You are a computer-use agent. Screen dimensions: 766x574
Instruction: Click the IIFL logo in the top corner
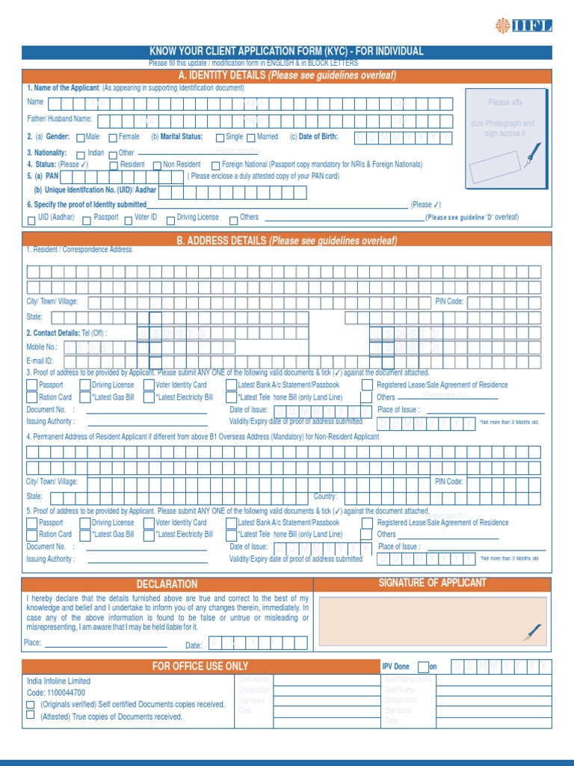pos(523,26)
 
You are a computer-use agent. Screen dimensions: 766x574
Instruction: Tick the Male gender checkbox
pos(81,138)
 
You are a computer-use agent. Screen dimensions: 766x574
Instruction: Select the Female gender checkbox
pos(113,138)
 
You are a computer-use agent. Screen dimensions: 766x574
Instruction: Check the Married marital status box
pos(251,138)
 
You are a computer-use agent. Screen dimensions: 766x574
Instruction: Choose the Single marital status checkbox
pos(220,138)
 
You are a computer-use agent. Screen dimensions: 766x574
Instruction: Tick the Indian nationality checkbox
pos(81,154)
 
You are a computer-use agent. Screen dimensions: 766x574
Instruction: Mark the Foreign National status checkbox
pos(215,165)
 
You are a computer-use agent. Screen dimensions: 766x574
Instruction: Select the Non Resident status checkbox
pos(157,165)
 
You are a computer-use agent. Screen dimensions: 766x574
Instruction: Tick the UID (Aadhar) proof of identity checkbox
pos(31,219)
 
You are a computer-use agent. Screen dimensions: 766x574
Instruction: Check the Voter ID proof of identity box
pos(128,219)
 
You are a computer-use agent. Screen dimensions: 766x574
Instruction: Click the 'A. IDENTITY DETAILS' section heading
pos(287,76)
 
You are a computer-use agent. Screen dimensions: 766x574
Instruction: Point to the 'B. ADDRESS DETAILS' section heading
pos(287,241)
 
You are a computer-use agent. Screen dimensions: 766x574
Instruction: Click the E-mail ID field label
pos(40,361)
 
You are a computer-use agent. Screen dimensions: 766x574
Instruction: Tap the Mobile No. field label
pos(42,347)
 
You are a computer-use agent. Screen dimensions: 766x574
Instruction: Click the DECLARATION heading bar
pos(167,584)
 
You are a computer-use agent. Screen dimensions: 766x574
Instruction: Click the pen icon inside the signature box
pos(533,632)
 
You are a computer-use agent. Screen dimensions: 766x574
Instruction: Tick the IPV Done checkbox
pos(423,667)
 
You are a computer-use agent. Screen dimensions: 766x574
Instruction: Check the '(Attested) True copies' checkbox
pos(31,715)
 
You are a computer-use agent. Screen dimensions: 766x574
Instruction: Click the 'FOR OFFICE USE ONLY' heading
pos(200,667)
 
